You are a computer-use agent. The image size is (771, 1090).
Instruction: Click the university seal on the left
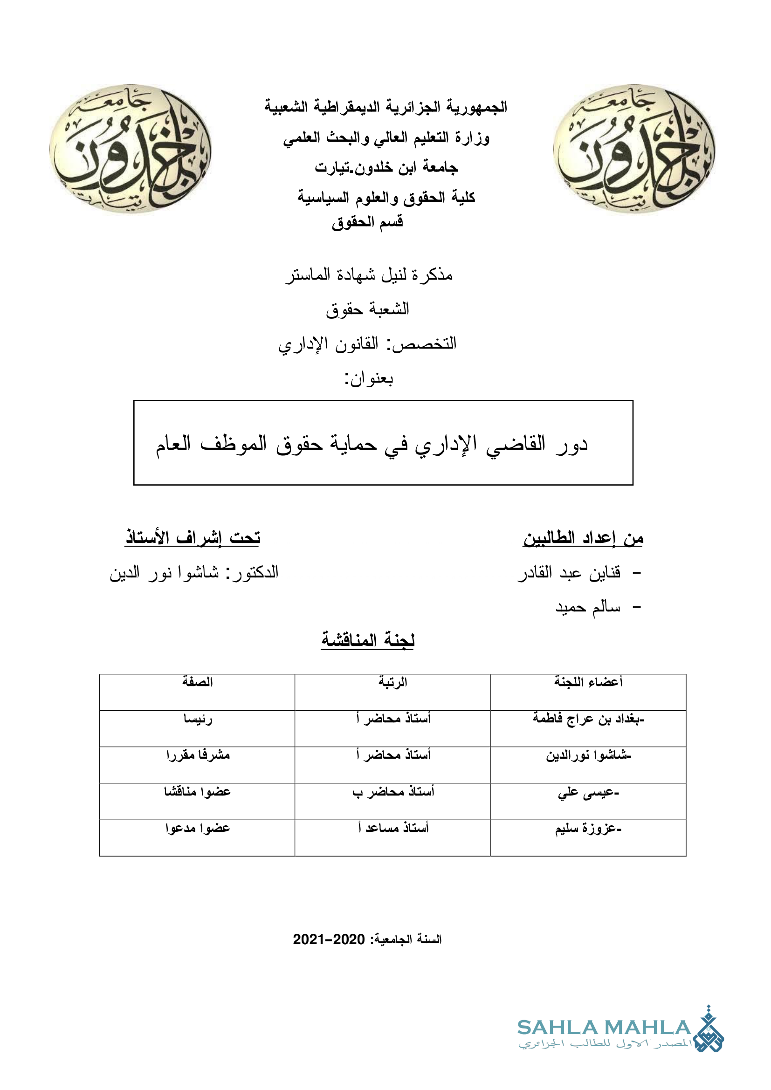click(x=131, y=149)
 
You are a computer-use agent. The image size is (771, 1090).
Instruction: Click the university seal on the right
click(x=634, y=149)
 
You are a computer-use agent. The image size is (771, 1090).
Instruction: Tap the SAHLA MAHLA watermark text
click(x=603, y=1028)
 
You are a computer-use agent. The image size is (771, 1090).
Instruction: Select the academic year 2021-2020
click(x=329, y=939)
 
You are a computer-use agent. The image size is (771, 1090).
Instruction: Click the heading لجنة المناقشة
click(x=367, y=640)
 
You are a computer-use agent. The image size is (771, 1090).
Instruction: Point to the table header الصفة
click(x=198, y=682)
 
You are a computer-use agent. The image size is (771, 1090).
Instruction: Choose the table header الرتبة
click(x=392, y=682)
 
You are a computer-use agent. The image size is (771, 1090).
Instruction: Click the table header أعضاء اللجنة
click(x=588, y=682)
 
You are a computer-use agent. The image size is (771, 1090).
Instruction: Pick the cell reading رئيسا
click(x=198, y=719)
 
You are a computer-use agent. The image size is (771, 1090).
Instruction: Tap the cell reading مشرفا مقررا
click(x=198, y=755)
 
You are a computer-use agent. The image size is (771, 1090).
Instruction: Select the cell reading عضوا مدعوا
click(x=198, y=829)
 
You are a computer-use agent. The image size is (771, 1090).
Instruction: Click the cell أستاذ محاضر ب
click(x=393, y=792)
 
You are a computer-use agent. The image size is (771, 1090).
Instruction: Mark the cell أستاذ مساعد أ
click(x=393, y=829)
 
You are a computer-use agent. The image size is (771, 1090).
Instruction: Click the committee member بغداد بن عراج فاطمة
click(x=588, y=719)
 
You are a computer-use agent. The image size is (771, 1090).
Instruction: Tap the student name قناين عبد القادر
click(x=569, y=573)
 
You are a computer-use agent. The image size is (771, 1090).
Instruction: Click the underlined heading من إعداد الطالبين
click(x=583, y=538)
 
